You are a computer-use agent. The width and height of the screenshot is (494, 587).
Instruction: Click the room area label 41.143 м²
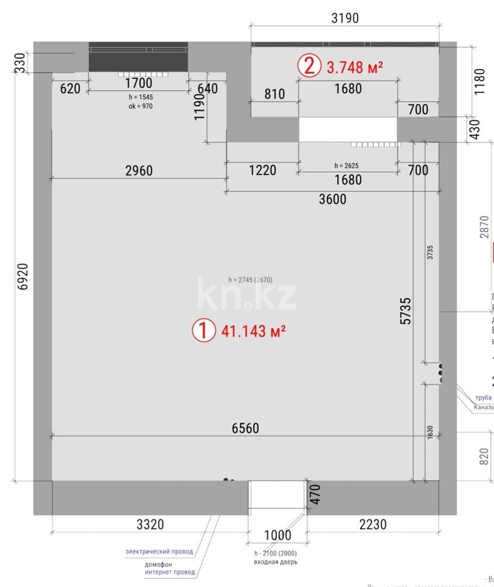coord(254,330)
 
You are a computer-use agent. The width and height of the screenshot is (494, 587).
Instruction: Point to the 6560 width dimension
coord(245,428)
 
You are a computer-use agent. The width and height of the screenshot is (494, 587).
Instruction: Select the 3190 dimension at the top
coord(345,18)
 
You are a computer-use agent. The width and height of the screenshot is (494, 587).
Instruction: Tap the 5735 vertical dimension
coord(405,311)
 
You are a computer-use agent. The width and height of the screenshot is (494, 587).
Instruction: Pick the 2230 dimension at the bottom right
coord(372,524)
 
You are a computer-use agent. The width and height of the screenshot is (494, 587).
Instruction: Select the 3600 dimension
coord(332,199)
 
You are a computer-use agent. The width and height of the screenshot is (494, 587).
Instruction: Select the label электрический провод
coord(159,551)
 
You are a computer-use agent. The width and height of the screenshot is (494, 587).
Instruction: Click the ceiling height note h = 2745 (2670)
coord(250,280)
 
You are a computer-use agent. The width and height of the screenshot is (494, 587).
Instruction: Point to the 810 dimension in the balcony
coord(274,94)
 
